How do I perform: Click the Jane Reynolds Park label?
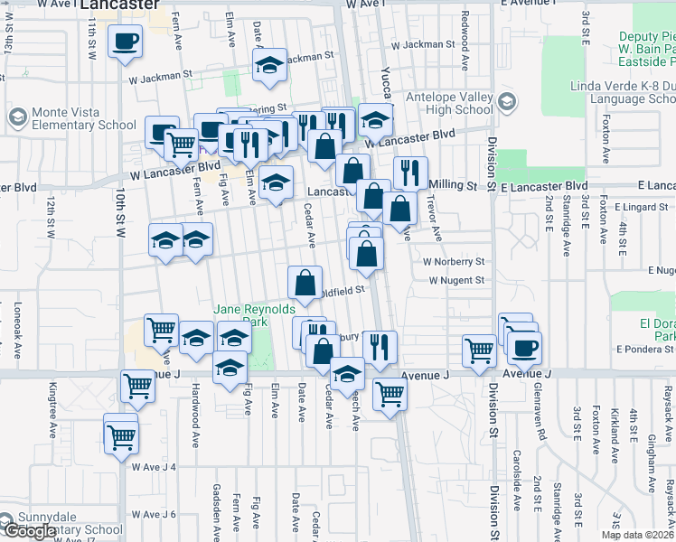tap(242, 315)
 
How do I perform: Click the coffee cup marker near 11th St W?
tap(125, 40)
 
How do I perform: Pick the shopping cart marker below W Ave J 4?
tap(121, 439)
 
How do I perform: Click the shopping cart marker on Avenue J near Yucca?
tap(390, 392)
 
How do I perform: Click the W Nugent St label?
tap(456, 281)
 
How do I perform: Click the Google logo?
tap(29, 532)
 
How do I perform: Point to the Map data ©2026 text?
tap(637, 535)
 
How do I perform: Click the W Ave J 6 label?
tap(153, 514)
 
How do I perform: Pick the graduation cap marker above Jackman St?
tap(268, 63)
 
